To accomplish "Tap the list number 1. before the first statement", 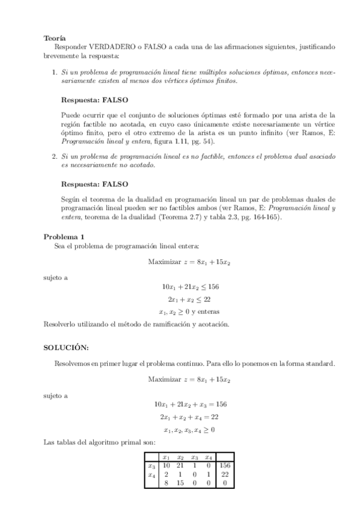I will pos(55,72).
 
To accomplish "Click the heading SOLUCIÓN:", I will pos(67,348).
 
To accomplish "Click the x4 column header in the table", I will pos(208,457).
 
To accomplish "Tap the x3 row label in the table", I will pos(152,465).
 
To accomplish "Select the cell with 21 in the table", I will pos(180,465).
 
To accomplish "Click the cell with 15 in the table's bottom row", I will pos(180,482).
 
